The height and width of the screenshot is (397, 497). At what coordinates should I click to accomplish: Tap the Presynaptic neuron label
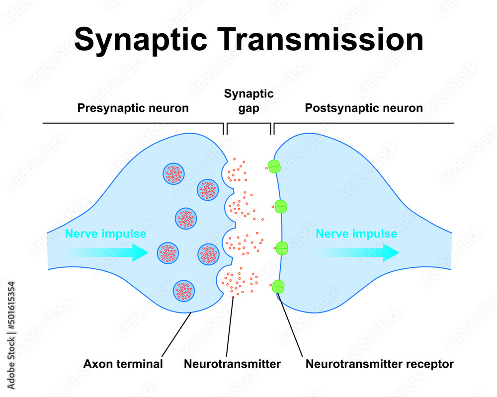tap(133, 108)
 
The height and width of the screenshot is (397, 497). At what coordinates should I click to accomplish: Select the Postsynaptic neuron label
tap(364, 108)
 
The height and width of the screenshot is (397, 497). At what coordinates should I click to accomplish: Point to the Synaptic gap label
tap(248, 101)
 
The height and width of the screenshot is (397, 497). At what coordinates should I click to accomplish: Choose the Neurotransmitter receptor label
tap(379, 364)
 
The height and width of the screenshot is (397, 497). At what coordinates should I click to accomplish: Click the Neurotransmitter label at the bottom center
tap(232, 364)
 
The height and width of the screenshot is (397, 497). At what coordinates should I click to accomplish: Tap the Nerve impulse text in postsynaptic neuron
tap(356, 234)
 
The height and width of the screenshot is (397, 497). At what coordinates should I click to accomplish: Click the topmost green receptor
tap(274, 166)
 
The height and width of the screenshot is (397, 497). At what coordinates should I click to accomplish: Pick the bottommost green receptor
tap(278, 287)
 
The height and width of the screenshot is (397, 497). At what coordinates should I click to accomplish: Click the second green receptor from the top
tap(281, 206)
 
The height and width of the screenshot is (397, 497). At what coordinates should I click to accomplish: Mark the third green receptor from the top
tap(282, 247)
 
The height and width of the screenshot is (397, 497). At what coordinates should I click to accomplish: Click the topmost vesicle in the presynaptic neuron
tap(174, 173)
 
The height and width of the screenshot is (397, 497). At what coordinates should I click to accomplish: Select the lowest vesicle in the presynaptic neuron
tap(184, 291)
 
